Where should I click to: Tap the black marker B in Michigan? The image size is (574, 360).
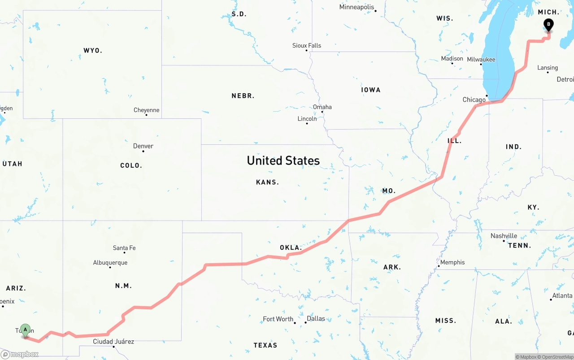coord(548,25)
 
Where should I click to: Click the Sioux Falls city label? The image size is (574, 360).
coord(307,45)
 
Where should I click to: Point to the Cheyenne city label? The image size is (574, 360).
coord(146,110)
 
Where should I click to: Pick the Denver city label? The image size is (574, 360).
coord(143,146)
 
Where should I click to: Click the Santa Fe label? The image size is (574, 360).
coord(124,248)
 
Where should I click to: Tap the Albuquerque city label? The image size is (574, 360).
coord(110,263)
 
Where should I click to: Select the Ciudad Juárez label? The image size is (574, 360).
coord(113,342)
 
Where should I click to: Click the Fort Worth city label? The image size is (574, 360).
coord(278,319)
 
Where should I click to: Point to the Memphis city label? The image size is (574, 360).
coord(452,262)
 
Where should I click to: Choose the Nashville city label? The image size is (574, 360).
coord(504,236)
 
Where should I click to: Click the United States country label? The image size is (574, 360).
coord(283,160)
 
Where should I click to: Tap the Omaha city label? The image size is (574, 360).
coord(322,107)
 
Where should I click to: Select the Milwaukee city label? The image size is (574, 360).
coord(481,59)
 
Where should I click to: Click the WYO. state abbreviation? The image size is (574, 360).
coord(93,51)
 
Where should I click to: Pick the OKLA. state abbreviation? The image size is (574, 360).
coord(291,247)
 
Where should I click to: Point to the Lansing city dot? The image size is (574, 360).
coord(548,72)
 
